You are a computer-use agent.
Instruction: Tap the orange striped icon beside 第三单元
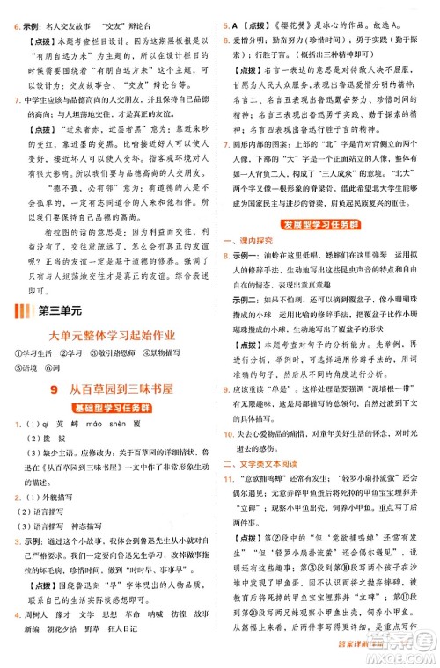click(x=23, y=309)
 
